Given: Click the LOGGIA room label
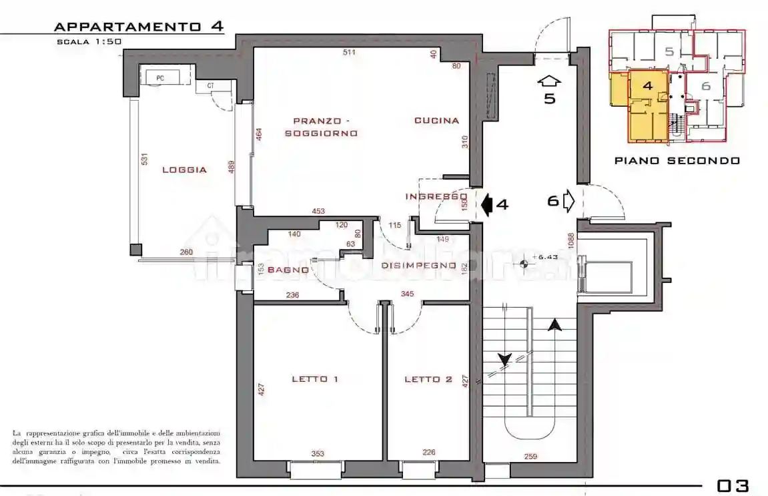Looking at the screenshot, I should [x=184, y=170].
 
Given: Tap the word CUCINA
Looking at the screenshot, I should [x=436, y=121].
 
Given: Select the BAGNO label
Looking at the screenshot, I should [x=288, y=270].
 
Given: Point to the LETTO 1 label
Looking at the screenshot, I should [x=315, y=379].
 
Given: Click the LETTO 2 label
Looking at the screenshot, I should [x=428, y=379].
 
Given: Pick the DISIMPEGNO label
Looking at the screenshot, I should [x=418, y=266].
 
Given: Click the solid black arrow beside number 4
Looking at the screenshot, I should [x=486, y=204].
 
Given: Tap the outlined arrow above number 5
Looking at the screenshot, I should [x=549, y=81].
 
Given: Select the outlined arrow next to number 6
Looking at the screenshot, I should [x=569, y=200].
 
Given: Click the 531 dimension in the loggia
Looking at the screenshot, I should [x=143, y=160].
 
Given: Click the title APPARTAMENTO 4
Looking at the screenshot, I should [x=138, y=27].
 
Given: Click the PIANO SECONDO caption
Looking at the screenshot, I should [x=677, y=160].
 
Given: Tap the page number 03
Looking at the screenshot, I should [x=733, y=485].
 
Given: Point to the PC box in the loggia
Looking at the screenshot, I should [x=161, y=77].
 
